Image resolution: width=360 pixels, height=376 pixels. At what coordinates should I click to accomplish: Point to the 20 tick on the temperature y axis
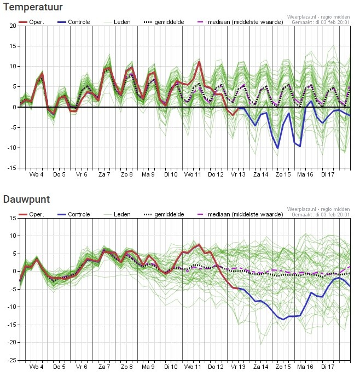pyautogui.click(x=12, y=26)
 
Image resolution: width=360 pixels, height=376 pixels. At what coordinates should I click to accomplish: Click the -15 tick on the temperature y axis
pyautogui.click(x=11, y=168)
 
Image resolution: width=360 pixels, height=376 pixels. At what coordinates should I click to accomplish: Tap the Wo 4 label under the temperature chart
pyautogui.click(x=37, y=175)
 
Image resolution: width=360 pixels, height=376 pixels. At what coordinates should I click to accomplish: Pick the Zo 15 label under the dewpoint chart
pyautogui.click(x=283, y=368)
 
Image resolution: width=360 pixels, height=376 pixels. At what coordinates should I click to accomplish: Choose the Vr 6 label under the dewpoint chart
pyautogui.click(x=82, y=368)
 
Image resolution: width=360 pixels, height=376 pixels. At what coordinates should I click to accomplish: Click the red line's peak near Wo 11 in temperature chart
pyautogui.click(x=199, y=62)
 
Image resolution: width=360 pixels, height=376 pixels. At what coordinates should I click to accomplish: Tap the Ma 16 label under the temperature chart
pyautogui.click(x=305, y=175)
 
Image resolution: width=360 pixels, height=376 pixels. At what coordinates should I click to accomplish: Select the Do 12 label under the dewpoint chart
pyautogui.click(x=216, y=368)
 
